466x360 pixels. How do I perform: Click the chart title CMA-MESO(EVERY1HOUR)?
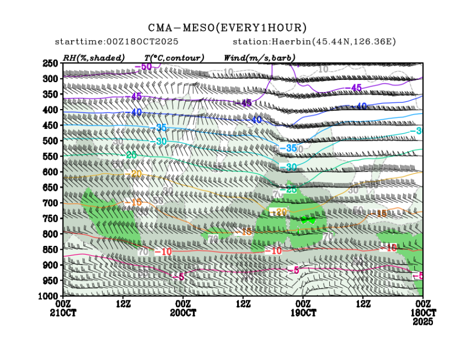pyautogui.click(x=227, y=28)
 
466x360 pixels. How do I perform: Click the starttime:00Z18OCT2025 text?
pyautogui.click(x=116, y=42)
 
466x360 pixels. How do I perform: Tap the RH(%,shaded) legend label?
pyautogui.click(x=94, y=57)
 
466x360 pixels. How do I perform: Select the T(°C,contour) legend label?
pyautogui.click(x=174, y=57)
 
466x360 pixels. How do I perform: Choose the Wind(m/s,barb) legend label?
pyautogui.click(x=259, y=57)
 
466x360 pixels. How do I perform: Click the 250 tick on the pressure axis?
pyautogui.click(x=51, y=63)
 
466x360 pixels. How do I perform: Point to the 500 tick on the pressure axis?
pyautogui.click(x=51, y=141)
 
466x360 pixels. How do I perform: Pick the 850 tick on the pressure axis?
pyautogui.click(x=51, y=250)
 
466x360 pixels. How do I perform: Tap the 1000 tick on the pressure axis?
pyautogui.click(x=50, y=296)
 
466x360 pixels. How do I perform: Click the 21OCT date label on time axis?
pyautogui.click(x=63, y=313)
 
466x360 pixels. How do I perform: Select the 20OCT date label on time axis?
pyautogui.click(x=183, y=313)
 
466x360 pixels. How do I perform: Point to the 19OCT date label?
pyautogui.click(x=303, y=313)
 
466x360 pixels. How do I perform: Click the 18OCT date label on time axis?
pyautogui.click(x=422, y=313)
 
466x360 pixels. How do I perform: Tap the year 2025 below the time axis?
pyautogui.click(x=422, y=321)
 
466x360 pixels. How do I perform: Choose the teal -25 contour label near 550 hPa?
pyautogui.click(x=131, y=155)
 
